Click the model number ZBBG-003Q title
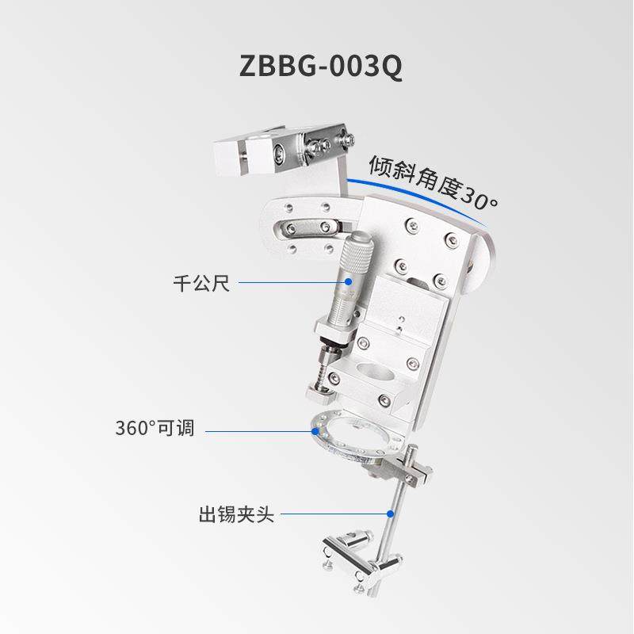pyautogui.click(x=321, y=67)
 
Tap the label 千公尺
pyautogui.click(x=201, y=283)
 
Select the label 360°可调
pyautogui.click(x=155, y=430)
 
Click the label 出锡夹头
pyautogui.click(x=235, y=514)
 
